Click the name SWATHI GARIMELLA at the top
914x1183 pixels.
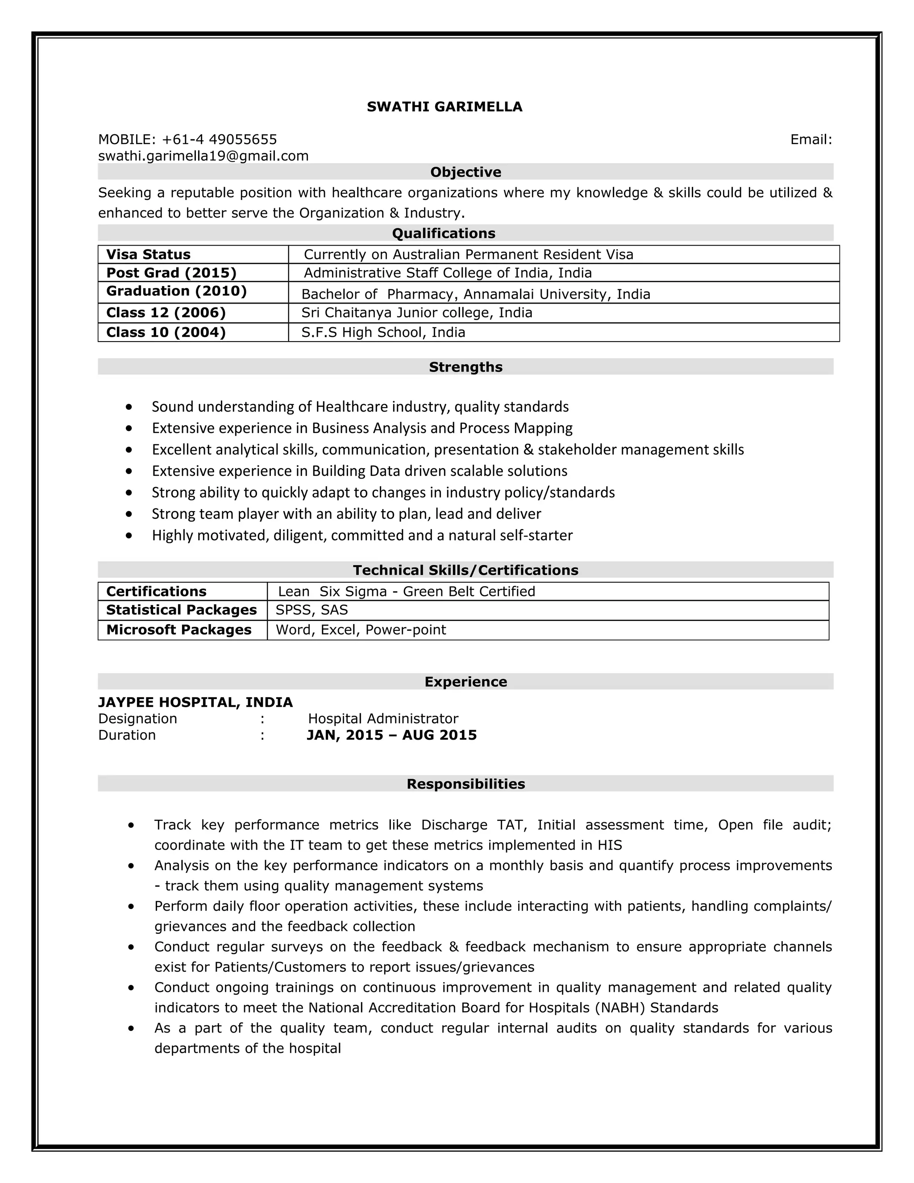[x=444, y=107]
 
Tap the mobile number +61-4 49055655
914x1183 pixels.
[x=219, y=140]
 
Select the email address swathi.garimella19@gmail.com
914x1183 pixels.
[x=203, y=156]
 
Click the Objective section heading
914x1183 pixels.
[x=465, y=172]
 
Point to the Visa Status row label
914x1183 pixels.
[x=148, y=254]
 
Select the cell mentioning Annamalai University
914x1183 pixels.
[x=475, y=294]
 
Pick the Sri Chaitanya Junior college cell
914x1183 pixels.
[x=416, y=312]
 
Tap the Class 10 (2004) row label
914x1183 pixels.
[x=166, y=332]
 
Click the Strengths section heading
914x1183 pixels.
[x=465, y=367]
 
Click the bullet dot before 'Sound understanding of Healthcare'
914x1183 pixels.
[x=129, y=407]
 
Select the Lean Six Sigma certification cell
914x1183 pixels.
[x=406, y=591]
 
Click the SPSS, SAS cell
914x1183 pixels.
[x=312, y=610]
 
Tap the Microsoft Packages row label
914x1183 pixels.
[x=179, y=630]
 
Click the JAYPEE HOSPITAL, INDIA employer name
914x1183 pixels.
[x=195, y=703]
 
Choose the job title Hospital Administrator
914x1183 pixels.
[x=383, y=719]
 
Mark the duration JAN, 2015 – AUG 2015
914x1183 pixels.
[x=391, y=735]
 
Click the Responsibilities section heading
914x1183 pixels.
[x=465, y=784]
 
